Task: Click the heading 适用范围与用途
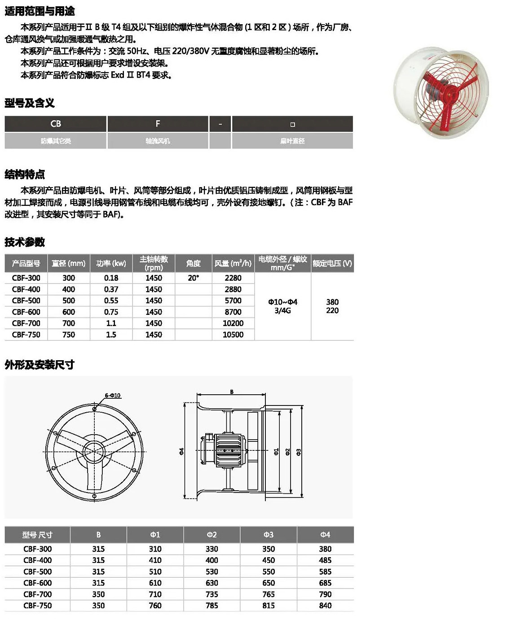coord(40,11)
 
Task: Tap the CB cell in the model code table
coord(56,124)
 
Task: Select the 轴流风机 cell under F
coord(158,141)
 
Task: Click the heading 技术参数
coord(25,242)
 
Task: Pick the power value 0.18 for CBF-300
coord(111,278)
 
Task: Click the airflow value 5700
coord(233,301)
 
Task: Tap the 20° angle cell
coord(193,278)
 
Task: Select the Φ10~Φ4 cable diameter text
coord(282,302)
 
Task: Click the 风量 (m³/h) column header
coord(233,263)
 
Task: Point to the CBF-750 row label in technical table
coord(26,335)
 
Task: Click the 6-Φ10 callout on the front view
coord(112,396)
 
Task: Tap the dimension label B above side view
coord(232,392)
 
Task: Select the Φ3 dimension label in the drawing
coord(299,452)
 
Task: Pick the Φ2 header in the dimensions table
coord(212,535)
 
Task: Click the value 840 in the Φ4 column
coord(325,606)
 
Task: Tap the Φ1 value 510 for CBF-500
coord(155,571)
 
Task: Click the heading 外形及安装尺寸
coord(40,365)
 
